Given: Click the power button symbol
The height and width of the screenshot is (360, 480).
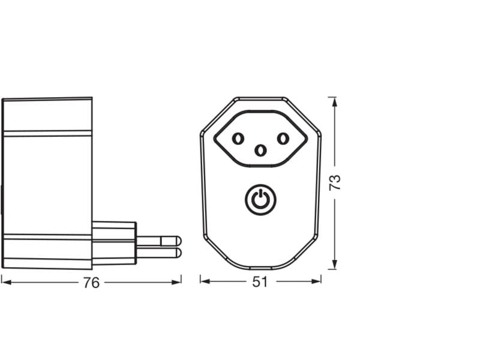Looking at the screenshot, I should [x=260, y=199].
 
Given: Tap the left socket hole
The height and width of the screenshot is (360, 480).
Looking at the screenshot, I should [x=238, y=139].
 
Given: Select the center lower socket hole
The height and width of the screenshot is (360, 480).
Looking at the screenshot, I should [x=260, y=150].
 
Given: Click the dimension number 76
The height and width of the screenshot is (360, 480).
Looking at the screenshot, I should [x=91, y=283].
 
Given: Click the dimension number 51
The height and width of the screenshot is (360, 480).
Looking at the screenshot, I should [x=260, y=282].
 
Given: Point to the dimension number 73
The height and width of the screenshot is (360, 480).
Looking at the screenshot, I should [x=336, y=182].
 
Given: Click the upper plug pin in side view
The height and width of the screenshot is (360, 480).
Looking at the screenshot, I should [x=158, y=240].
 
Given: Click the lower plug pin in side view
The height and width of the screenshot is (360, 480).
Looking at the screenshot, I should [x=158, y=253].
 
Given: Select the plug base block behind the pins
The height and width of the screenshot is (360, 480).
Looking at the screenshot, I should [x=114, y=243].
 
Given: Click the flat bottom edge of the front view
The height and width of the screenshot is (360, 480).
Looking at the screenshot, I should [x=260, y=268].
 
